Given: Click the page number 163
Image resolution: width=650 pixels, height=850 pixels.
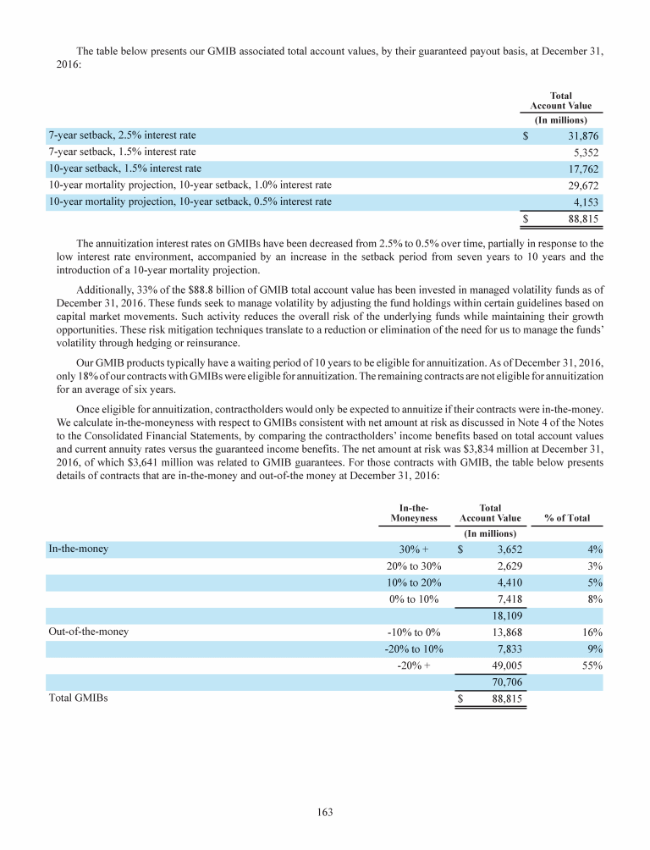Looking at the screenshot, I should point(325,813).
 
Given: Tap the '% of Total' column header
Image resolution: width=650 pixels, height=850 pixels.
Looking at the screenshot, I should point(567,517).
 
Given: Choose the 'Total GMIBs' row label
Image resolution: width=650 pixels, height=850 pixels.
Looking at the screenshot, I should point(78,698).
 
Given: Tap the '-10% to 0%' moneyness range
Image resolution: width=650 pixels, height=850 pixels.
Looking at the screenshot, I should point(414,632).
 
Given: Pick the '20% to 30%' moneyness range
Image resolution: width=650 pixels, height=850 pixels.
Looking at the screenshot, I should point(414,566).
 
